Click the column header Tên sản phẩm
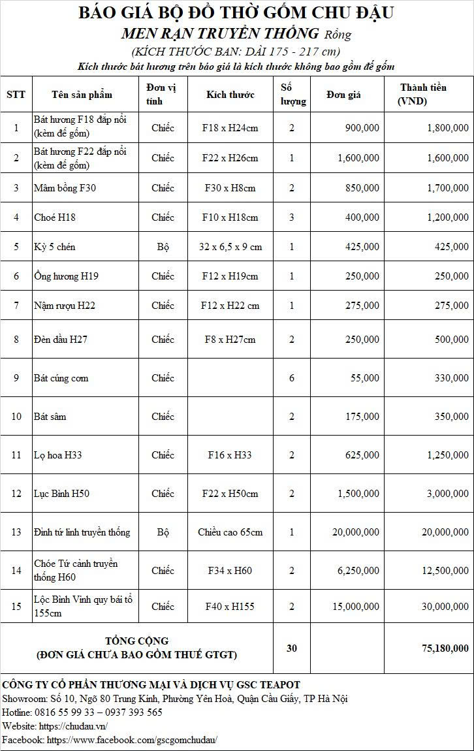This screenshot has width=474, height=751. (x=82, y=94)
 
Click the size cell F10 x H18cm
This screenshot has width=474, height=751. (x=230, y=217)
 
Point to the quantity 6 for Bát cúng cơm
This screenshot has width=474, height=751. (x=291, y=378)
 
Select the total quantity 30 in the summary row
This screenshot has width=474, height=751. (x=291, y=648)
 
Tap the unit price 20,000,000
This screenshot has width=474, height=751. (x=355, y=532)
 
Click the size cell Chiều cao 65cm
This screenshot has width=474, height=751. (x=230, y=532)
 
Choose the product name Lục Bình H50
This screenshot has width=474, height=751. (x=61, y=494)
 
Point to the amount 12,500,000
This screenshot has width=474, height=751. (x=441, y=571)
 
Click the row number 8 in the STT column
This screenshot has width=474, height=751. (x=16, y=340)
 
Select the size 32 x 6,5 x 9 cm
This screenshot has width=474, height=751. (x=230, y=247)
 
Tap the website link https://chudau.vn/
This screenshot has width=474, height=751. (x=73, y=726)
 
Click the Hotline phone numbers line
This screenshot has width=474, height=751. (x=82, y=712)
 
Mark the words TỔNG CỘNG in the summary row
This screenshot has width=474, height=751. (x=136, y=641)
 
